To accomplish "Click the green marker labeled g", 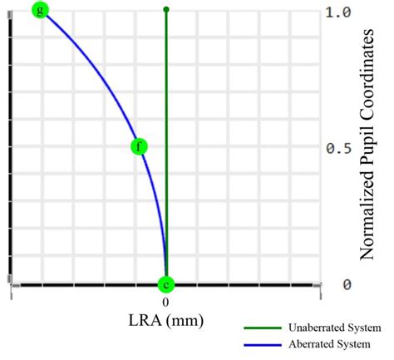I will pos(39,10).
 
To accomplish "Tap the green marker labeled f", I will pos(140,147).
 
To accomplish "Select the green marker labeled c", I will pos(166,284).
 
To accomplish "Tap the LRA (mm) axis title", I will pos(166,320).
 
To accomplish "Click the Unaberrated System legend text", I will pos(335,328).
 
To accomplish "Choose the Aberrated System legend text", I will pos(330,343).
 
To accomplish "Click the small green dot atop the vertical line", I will pos(166,10).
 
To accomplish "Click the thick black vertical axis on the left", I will pos(10,150).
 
